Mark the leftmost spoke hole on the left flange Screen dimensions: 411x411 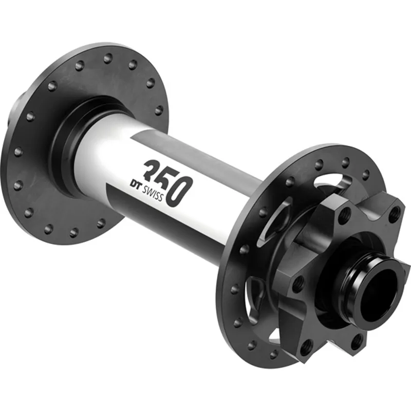coord(18,152)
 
